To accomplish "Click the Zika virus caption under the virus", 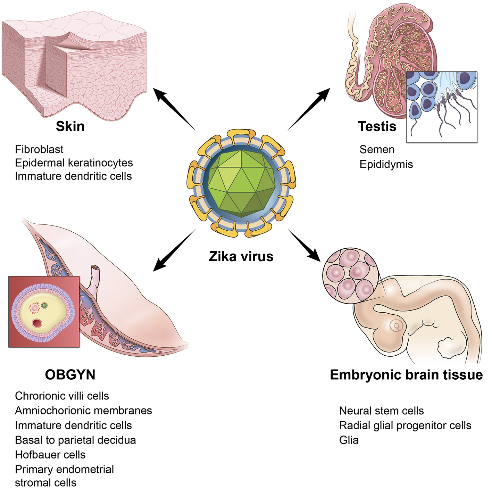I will tap(241, 256).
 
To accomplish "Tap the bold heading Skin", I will tap(70, 126).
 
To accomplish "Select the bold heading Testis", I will tap(377, 126).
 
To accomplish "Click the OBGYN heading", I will tap(70, 375).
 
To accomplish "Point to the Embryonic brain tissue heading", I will tap(406, 375).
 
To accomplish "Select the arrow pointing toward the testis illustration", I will tap(309, 108).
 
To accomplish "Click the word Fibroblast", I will tap(39, 149).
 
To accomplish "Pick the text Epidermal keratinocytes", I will tap(74, 163).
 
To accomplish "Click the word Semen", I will tap(377, 149).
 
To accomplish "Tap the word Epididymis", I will tap(386, 164).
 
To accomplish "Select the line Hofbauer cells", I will tap(50, 455).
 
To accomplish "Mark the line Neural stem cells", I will tap(381, 411).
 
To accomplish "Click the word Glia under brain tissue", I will tap(349, 440).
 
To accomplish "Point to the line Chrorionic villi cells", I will tap(62, 396).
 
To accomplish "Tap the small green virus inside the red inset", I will tap(44, 305).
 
